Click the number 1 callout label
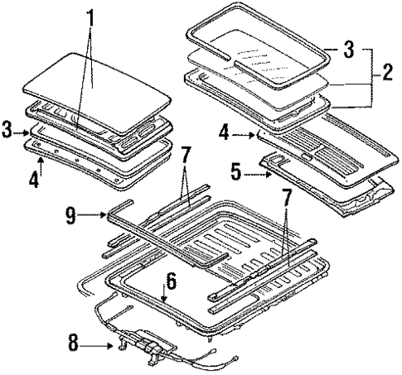coord(92,14)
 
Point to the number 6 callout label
coord(171,280)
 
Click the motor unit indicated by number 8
coord(149,339)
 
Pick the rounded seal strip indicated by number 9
coord(166,240)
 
